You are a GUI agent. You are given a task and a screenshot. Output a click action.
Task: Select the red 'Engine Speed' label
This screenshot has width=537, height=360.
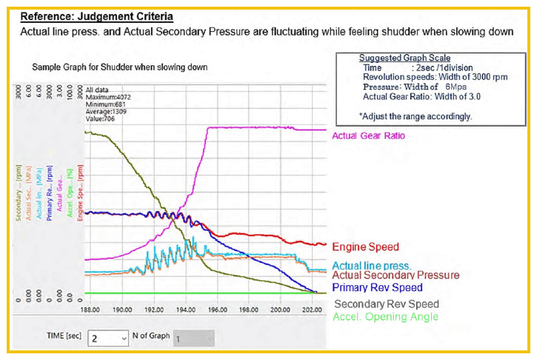tap(365, 247)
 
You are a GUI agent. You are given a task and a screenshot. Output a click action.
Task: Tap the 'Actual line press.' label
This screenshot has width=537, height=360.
tap(372, 265)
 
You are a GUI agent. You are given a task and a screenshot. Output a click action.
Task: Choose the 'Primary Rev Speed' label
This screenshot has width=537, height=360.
tap(377, 287)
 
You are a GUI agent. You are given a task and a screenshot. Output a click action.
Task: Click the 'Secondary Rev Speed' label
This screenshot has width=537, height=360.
tap(386, 304)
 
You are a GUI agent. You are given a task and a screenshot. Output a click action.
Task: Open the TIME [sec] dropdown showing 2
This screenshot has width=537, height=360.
tap(108, 339)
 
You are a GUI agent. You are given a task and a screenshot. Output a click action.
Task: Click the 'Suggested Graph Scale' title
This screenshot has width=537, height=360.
tap(404, 58)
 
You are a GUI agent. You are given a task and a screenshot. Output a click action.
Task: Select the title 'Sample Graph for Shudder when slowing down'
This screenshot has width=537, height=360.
tap(119, 67)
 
